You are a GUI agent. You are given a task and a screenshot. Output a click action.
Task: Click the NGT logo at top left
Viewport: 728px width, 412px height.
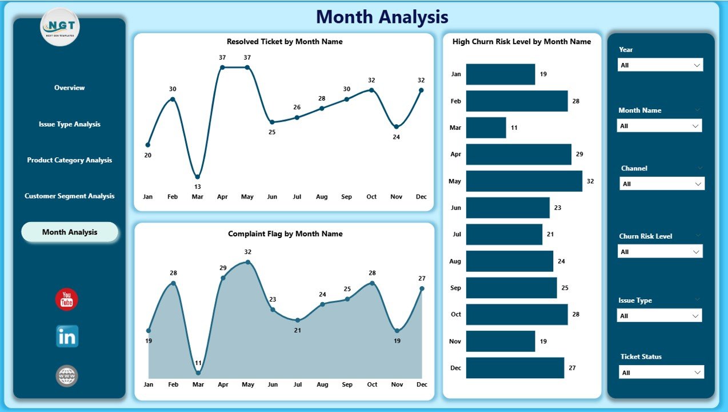pos(60,27)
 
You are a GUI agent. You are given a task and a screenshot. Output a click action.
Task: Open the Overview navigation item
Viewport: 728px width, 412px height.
pos(69,88)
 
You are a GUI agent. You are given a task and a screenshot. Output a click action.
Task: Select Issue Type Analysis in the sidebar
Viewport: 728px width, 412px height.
pos(69,124)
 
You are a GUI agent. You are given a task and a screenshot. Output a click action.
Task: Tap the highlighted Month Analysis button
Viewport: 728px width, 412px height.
pos(70,232)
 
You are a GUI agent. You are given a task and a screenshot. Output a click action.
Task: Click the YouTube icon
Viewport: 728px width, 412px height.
pos(67,300)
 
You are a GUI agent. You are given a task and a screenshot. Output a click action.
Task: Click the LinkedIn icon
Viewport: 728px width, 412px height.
pos(67,336)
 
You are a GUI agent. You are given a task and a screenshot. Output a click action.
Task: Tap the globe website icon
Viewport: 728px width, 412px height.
pos(67,376)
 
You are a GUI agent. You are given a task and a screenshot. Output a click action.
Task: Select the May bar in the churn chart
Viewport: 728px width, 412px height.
pos(524,181)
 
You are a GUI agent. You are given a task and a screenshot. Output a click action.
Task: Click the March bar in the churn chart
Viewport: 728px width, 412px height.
pos(486,128)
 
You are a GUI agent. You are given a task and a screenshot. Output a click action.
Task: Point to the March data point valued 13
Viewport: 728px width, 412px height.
pos(197,177)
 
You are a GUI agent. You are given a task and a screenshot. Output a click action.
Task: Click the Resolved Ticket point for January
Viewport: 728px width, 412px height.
pos(148,145)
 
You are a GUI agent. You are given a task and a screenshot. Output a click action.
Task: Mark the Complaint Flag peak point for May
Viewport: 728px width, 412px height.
pos(247,262)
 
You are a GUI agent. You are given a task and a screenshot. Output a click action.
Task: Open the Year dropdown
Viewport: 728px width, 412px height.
pos(661,65)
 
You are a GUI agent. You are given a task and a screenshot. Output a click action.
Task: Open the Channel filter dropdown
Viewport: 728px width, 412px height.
pos(662,184)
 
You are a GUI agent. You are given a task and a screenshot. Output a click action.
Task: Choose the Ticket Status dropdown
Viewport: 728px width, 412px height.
pos(662,373)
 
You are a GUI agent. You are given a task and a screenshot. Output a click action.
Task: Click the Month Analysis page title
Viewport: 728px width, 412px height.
pos(382,17)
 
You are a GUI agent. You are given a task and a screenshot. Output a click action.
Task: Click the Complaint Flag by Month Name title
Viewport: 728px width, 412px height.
pos(285,233)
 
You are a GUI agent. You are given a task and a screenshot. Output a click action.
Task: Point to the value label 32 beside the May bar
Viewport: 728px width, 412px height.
pos(590,181)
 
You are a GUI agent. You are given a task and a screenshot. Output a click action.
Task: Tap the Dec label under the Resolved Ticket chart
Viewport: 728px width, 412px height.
pos(421,197)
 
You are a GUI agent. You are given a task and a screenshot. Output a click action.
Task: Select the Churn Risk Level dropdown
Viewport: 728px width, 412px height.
pos(660,252)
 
